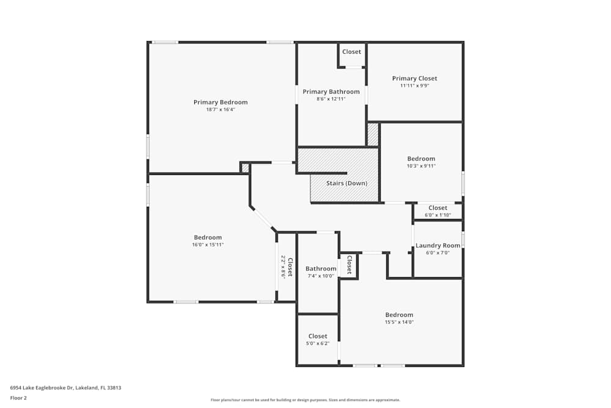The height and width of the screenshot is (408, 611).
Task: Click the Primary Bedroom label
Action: pyautogui.click(x=221, y=102)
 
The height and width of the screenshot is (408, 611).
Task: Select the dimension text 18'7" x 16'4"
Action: pyautogui.click(x=221, y=109)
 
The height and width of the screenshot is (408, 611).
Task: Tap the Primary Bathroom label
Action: pyautogui.click(x=331, y=92)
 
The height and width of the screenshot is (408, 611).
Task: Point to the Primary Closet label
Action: pyautogui.click(x=414, y=78)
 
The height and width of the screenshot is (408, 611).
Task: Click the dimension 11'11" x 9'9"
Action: pyautogui.click(x=414, y=86)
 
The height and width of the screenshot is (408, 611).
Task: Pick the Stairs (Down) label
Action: pyautogui.click(x=348, y=183)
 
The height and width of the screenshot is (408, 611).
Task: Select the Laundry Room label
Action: pyautogui.click(x=437, y=245)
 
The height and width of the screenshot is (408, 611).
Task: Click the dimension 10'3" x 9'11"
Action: pyautogui.click(x=421, y=166)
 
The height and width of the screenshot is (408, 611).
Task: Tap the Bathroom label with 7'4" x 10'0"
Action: pyautogui.click(x=321, y=269)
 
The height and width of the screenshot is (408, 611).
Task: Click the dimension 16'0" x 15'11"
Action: pyautogui.click(x=208, y=245)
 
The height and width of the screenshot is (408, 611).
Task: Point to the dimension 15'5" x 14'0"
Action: pyautogui.click(x=399, y=322)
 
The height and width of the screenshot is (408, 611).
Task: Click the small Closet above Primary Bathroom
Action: pyautogui.click(x=351, y=52)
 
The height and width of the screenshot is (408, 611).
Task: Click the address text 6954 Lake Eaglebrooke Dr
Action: pyautogui.click(x=65, y=387)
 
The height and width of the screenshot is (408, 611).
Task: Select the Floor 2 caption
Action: pyautogui.click(x=18, y=398)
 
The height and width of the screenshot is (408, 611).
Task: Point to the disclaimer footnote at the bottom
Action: pyautogui.click(x=305, y=399)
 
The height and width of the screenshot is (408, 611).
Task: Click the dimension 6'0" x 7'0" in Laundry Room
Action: pyautogui.click(x=437, y=253)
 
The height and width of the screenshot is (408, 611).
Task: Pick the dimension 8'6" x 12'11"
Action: pyautogui.click(x=331, y=98)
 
